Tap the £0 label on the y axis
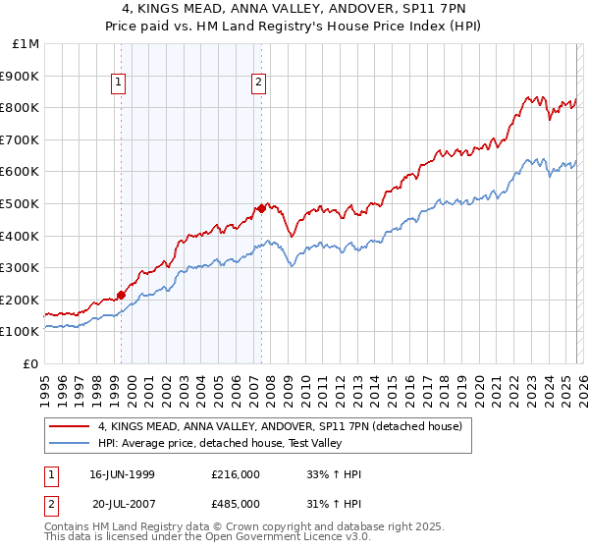coord(31,363)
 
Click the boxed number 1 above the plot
coord(118,83)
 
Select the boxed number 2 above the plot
coord(258,83)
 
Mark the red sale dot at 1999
coord(122,294)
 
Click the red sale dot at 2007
coord(262,208)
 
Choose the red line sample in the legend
coord(68,426)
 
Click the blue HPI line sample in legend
coord(68,443)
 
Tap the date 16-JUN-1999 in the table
coord(122,474)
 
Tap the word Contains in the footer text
coord(70,527)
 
